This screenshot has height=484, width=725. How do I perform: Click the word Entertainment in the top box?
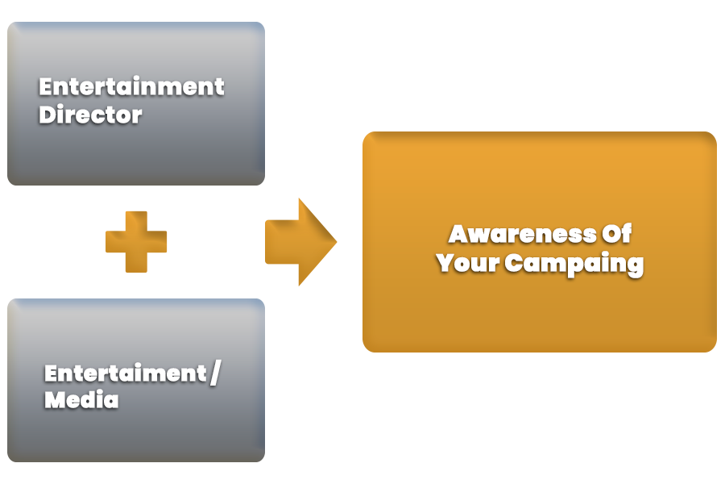pos(131,86)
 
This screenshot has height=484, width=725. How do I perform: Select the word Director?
pos(90,115)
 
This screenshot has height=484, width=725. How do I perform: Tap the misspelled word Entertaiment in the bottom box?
pos(126,373)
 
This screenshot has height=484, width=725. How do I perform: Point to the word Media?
pos(81,399)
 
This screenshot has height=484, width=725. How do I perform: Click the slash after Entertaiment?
pos(214,373)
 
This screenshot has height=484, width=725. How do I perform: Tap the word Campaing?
pos(574,264)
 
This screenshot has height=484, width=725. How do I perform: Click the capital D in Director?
pos(48,115)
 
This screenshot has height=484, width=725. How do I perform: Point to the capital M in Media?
pos(54,399)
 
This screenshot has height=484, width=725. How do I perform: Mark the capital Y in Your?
pos(445,263)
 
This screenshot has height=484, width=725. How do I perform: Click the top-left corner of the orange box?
pos(364,133)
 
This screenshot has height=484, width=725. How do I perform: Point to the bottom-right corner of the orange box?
pos(715,351)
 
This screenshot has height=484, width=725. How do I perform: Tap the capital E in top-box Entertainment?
pos(46,86)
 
